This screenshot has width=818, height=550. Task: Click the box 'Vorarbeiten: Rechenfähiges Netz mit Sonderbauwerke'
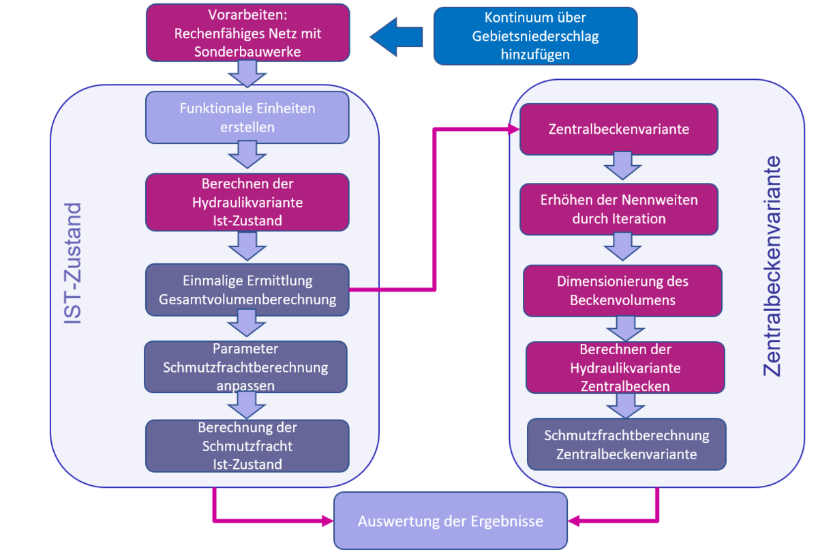(247, 32)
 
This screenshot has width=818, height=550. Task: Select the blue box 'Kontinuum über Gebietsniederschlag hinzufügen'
(535, 36)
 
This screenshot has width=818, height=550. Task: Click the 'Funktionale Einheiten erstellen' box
(247, 117)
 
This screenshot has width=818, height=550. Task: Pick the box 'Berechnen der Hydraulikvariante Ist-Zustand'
(247, 203)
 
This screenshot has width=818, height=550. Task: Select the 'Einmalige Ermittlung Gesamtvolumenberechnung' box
(247, 290)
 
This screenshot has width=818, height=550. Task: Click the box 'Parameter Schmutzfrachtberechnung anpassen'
(245, 367)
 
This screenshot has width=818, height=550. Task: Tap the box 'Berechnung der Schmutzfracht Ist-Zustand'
(247, 446)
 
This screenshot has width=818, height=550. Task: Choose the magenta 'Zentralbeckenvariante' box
(618, 129)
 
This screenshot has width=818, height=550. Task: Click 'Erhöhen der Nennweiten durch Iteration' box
(618, 209)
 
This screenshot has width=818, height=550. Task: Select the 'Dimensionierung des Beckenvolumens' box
(622, 291)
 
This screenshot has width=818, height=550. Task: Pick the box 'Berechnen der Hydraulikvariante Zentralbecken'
(624, 368)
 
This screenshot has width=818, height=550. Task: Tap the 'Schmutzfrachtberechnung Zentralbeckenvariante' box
(626, 444)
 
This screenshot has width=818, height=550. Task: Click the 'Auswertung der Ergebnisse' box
(450, 521)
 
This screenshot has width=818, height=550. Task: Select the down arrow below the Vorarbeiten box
(247, 73)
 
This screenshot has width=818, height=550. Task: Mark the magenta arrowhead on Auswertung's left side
(327, 522)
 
